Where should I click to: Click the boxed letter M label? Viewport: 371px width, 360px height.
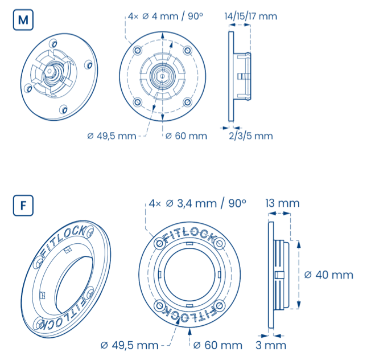(23, 20)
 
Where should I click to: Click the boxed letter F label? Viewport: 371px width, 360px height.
(23, 205)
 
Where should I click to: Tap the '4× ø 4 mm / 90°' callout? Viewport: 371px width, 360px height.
(166, 16)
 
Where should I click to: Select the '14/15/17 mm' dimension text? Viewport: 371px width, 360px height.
(250, 17)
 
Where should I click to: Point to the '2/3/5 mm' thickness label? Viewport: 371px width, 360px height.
(251, 136)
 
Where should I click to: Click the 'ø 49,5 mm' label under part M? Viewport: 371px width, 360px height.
(112, 136)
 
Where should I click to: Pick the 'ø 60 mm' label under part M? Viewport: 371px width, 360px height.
(186, 136)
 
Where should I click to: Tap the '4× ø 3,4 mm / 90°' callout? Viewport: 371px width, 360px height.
(197, 203)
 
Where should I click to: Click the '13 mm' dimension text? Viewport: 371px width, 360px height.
(282, 203)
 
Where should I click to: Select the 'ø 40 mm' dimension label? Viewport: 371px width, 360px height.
(329, 275)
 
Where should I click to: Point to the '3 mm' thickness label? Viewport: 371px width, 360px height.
(271, 345)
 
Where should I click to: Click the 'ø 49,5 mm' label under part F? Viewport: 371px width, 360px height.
(129, 345)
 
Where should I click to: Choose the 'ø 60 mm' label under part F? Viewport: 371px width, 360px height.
(218, 345)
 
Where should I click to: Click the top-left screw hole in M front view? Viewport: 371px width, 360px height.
(138, 51)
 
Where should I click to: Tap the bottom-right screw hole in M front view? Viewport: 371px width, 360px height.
(188, 103)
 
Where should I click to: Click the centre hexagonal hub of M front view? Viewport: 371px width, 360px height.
(162, 76)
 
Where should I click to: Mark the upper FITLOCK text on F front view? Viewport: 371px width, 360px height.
(189, 236)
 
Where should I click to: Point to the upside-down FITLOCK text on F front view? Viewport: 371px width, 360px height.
(189, 314)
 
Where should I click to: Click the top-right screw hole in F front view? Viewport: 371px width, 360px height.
(220, 243)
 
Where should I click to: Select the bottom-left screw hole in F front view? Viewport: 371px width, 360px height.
(160, 305)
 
